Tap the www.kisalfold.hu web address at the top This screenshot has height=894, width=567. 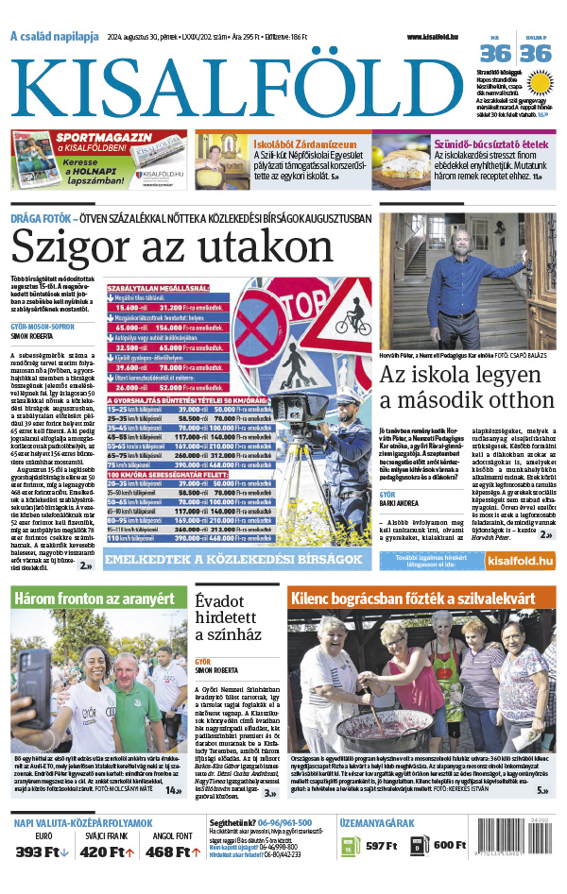pyautogui.click(x=439, y=37)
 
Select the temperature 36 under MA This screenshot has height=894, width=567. pyautogui.click(x=495, y=54)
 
